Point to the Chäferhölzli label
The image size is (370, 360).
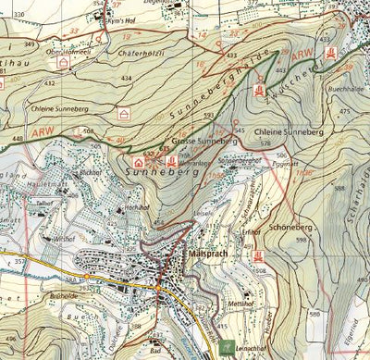(141, 54)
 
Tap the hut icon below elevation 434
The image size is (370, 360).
(124, 113)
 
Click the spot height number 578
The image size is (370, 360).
(265, 143)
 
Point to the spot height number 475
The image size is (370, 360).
(345, 111)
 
